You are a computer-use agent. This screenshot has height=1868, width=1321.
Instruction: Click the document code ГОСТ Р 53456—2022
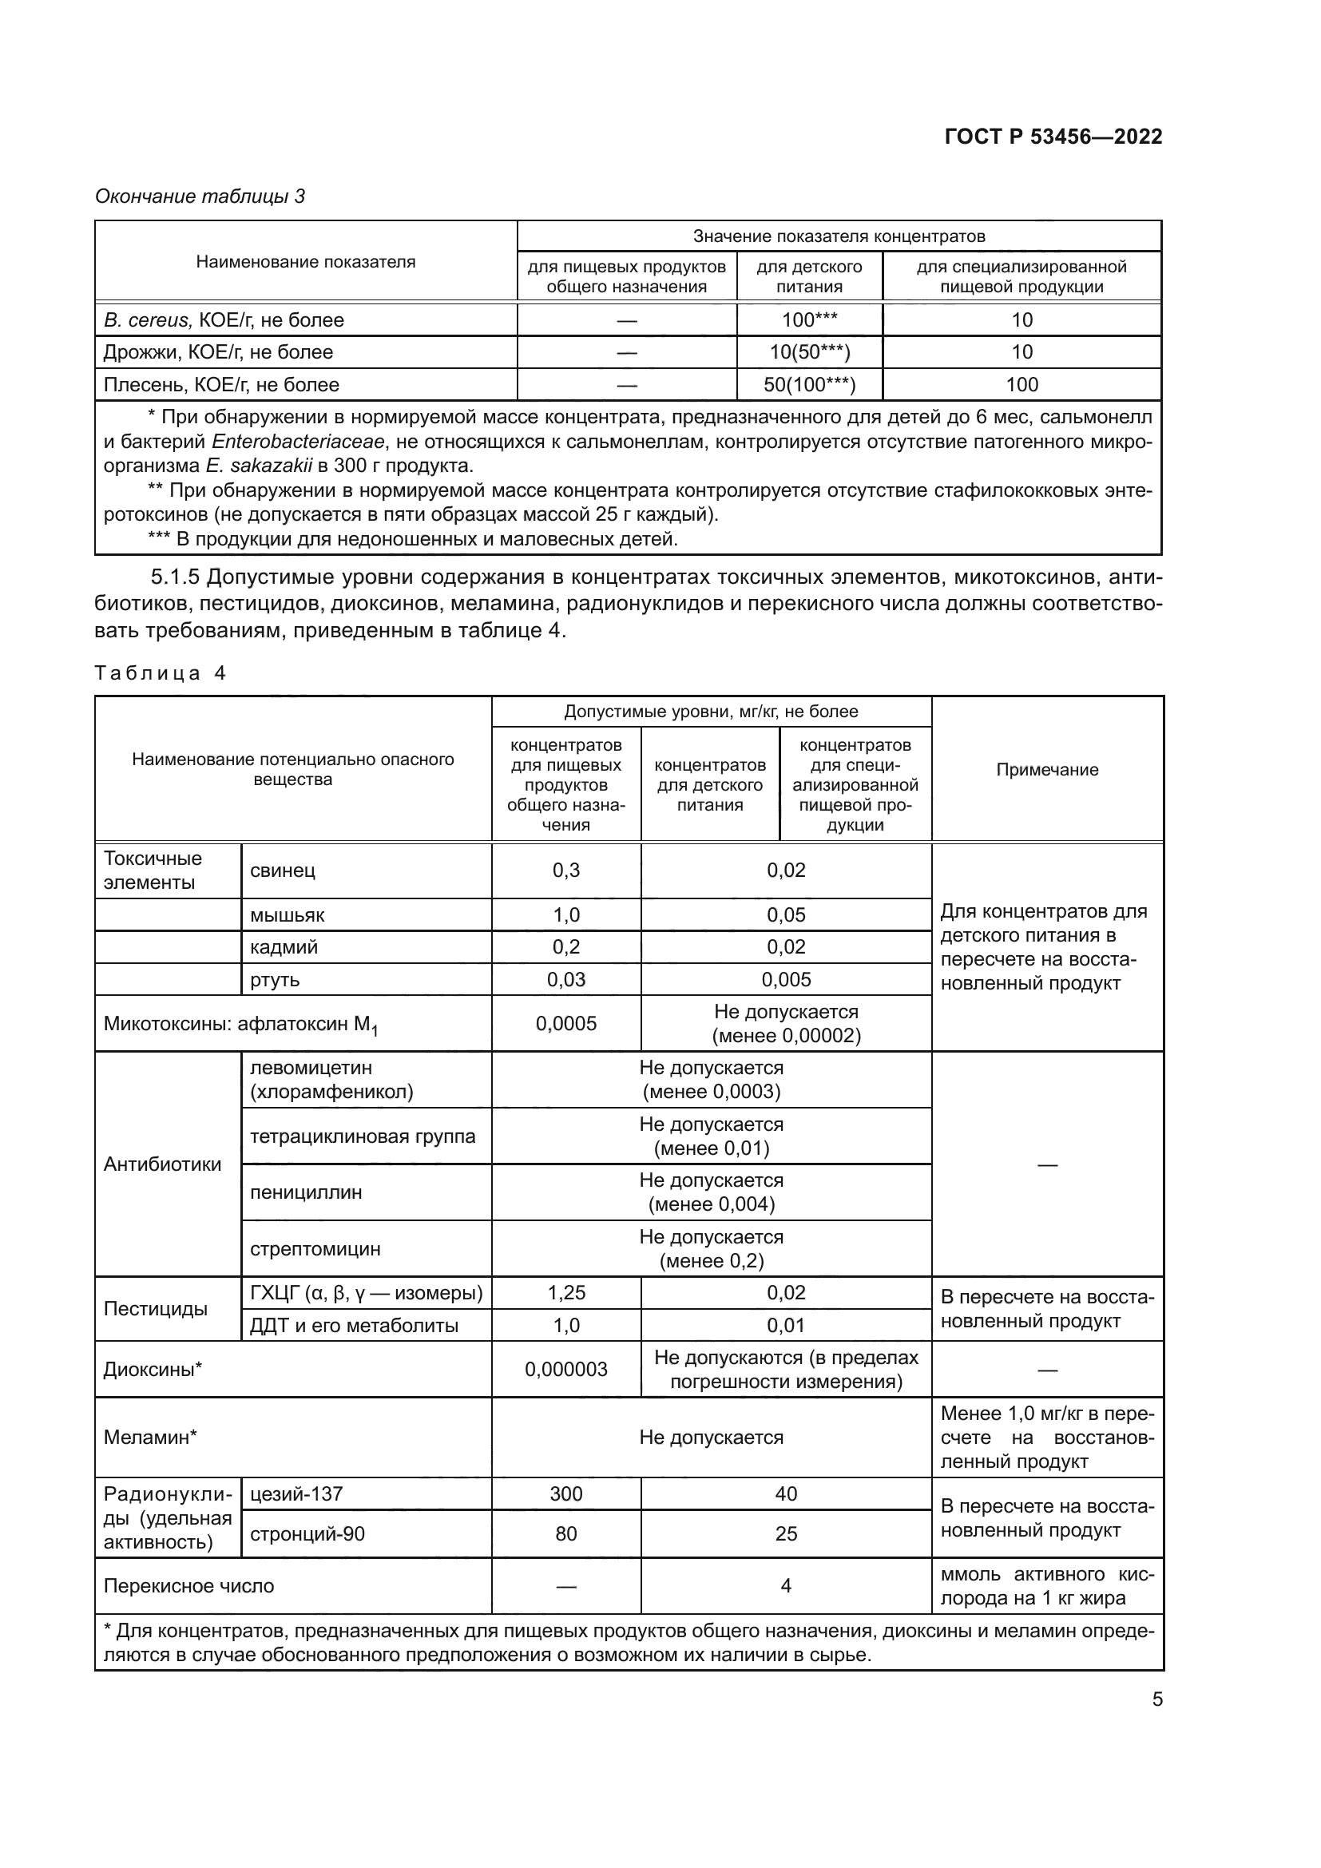(1053, 137)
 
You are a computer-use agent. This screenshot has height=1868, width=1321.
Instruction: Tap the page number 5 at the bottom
(1156, 1699)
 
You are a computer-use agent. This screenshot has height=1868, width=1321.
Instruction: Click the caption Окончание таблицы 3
(200, 196)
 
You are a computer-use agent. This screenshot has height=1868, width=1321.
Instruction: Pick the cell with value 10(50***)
(809, 352)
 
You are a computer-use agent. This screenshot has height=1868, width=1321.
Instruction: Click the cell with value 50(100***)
(809, 385)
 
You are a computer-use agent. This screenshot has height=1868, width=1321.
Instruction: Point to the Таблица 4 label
(161, 672)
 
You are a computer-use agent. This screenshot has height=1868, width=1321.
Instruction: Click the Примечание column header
(1047, 770)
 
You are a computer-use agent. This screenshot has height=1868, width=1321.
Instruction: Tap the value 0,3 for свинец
(566, 871)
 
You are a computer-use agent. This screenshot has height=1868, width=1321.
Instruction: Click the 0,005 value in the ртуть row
(786, 980)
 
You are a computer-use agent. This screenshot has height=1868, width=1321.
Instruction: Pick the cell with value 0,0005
(566, 1024)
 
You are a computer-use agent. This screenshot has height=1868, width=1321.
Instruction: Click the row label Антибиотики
(163, 1164)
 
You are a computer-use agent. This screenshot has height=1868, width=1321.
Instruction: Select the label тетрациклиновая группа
(363, 1136)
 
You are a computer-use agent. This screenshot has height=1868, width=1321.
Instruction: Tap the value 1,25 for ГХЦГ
(566, 1293)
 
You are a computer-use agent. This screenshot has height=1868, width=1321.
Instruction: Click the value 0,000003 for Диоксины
(566, 1370)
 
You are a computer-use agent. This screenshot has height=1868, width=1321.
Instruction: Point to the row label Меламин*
(150, 1437)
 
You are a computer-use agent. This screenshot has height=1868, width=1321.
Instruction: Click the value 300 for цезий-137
(566, 1493)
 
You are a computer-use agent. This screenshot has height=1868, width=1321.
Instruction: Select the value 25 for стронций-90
(786, 1533)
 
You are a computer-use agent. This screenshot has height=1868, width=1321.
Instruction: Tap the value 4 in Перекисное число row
(786, 1586)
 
